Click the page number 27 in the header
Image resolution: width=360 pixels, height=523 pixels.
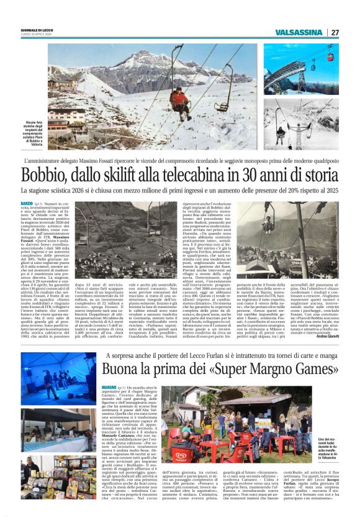click(x=336, y=32)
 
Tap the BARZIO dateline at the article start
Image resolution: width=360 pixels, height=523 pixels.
click(x=27, y=203)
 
